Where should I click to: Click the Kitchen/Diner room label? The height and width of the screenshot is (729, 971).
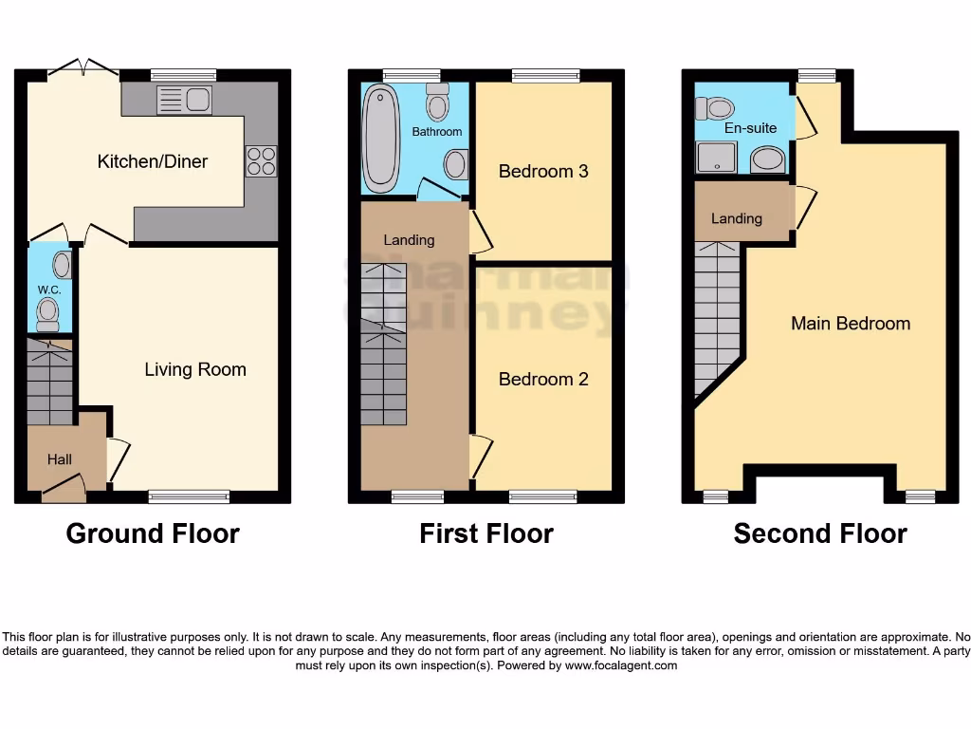tap(153, 161)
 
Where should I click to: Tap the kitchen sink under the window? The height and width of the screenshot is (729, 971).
tap(184, 100)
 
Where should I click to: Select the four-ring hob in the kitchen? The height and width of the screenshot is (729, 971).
tap(261, 161)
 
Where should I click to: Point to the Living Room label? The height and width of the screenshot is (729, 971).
tap(195, 370)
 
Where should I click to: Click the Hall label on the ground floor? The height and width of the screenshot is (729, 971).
tap(60, 459)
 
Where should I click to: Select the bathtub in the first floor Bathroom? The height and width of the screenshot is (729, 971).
tap(381, 138)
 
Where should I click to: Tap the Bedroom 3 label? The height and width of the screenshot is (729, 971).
tap(543, 172)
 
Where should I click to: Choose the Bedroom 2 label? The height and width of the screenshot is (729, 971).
tap(543, 380)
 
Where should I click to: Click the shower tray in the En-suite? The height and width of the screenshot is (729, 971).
tap(717, 158)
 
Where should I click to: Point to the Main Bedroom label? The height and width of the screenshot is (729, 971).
tap(851, 324)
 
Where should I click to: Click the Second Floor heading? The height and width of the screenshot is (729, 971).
tap(820, 533)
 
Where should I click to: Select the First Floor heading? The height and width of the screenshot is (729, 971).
tap(486, 533)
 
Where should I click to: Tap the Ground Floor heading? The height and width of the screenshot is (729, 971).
tap(153, 533)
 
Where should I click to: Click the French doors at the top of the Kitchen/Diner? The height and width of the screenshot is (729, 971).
tap(83, 67)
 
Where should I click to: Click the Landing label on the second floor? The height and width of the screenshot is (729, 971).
tap(737, 219)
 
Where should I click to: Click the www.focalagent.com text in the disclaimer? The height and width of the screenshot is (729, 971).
tap(621, 665)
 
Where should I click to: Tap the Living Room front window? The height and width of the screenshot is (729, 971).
tap(190, 495)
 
